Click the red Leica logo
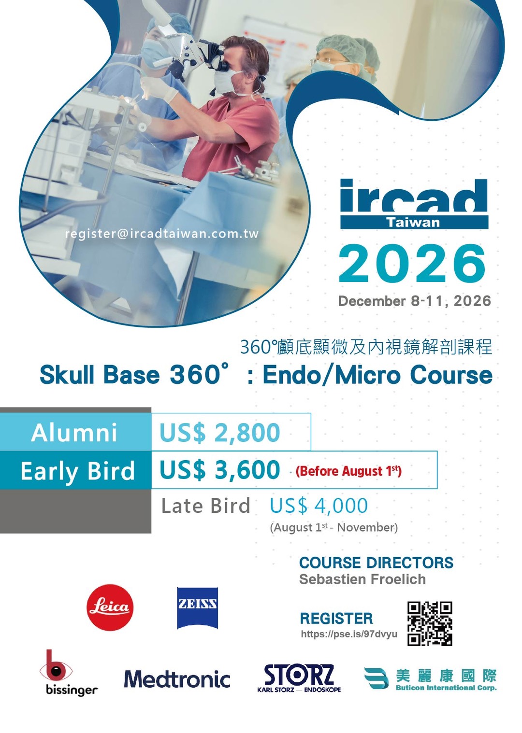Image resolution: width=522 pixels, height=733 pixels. click(x=110, y=607)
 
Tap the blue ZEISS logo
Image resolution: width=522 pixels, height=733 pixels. click(x=197, y=608)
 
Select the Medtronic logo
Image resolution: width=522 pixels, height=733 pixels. click(x=177, y=679)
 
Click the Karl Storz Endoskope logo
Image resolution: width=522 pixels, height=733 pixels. click(x=299, y=678)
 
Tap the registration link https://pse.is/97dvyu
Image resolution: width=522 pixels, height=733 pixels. click(x=349, y=634)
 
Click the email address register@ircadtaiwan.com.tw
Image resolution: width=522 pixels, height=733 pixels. click(x=162, y=234)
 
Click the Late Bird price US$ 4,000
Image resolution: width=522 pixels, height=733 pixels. click(x=319, y=506)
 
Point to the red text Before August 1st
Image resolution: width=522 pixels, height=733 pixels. click(x=348, y=471)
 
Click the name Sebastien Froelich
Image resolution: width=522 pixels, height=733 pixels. click(x=362, y=579)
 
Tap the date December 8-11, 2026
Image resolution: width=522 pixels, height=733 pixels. click(x=415, y=301)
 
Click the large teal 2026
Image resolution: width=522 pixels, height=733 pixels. click(x=412, y=264)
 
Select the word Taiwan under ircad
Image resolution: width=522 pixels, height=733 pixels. click(x=413, y=223)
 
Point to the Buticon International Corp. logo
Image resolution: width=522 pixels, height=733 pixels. click(x=430, y=679)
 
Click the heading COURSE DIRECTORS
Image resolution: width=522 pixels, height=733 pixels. click(x=376, y=563)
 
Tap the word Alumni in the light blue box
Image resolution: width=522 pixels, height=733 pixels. click(x=74, y=433)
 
